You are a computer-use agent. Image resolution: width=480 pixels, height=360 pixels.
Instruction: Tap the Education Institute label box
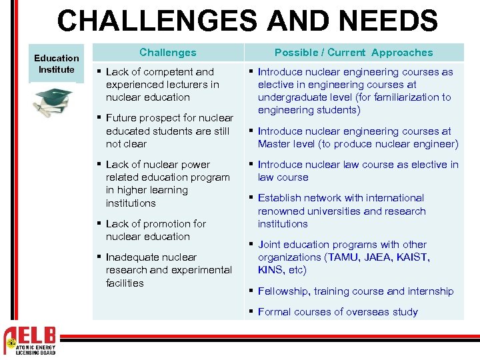click(x=57, y=63)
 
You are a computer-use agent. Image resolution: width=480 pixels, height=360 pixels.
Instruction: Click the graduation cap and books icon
click(x=55, y=103)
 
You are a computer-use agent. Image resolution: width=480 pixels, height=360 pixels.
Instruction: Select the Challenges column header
click(x=168, y=52)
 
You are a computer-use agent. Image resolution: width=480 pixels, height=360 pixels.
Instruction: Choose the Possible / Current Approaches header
click(x=353, y=52)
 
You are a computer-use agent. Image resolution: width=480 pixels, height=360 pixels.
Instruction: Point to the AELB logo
click(x=31, y=341)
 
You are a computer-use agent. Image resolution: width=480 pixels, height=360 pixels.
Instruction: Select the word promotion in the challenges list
click(x=155, y=224)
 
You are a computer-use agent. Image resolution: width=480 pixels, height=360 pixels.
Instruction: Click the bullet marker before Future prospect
click(x=99, y=118)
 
